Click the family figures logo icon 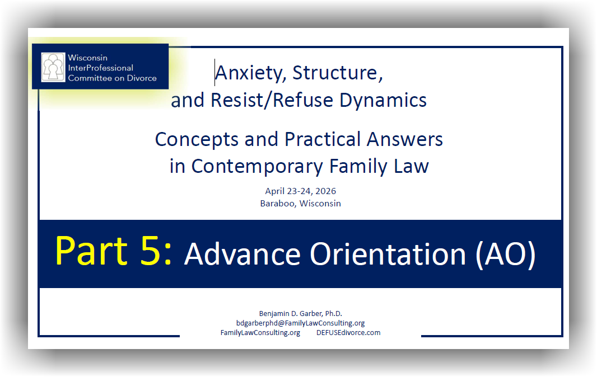53,67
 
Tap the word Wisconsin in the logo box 87,58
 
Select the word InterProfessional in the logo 100,68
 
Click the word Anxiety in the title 250,73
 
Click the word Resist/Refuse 272,101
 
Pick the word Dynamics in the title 383,101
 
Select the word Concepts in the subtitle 197,140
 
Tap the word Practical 323,139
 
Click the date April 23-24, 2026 300,191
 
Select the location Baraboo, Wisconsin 300,204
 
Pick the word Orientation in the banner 388,254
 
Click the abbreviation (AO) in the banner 506,255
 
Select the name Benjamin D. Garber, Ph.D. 300,313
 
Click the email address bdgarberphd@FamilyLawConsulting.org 300,323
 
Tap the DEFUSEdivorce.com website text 348,332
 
